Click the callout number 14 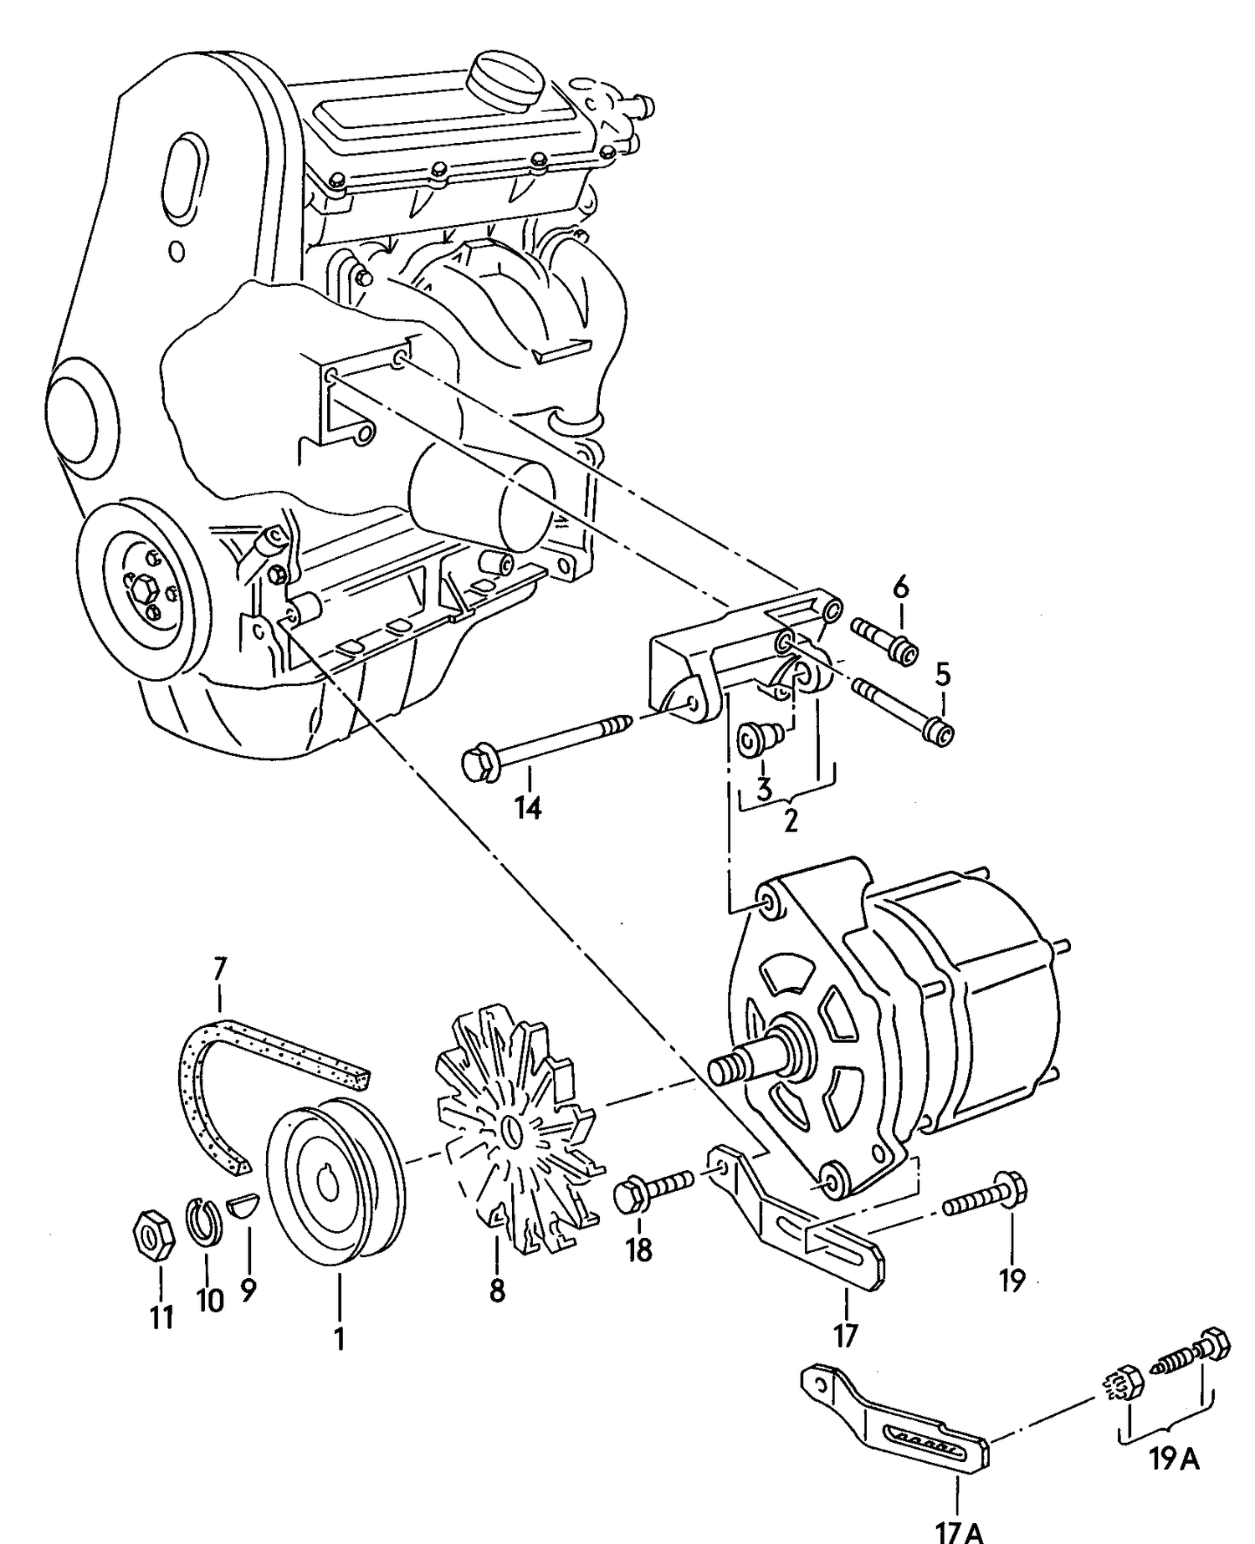click(529, 807)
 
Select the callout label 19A click(1175, 1459)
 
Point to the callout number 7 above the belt click(219, 969)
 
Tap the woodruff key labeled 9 click(244, 1206)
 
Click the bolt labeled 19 click(987, 1198)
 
